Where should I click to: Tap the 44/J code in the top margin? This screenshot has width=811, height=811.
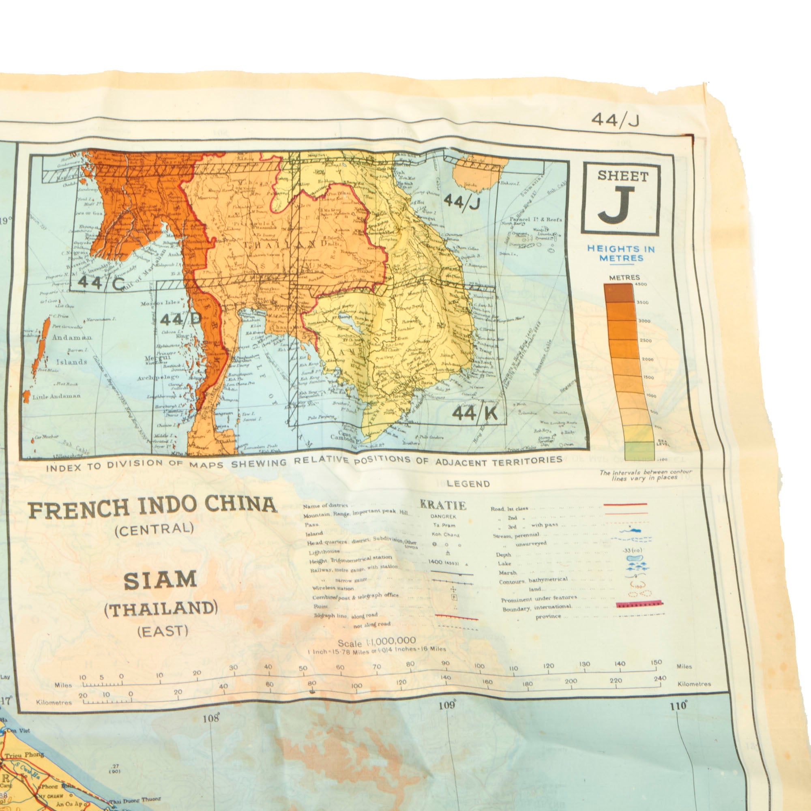[x=615, y=120]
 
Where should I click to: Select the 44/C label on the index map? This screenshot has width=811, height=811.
[x=101, y=283]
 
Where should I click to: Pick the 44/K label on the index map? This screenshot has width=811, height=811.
[x=475, y=414]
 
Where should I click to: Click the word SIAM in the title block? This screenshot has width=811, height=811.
[x=160, y=580]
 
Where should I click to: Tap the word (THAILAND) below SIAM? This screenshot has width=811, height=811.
[x=161, y=608]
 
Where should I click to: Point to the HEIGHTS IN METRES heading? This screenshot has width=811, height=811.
[x=621, y=253]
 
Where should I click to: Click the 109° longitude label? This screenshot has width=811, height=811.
[x=447, y=705]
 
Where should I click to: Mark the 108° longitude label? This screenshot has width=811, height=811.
[x=211, y=718]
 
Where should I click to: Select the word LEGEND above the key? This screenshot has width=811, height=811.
[x=468, y=484]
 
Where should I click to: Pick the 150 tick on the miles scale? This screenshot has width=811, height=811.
[x=656, y=663]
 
